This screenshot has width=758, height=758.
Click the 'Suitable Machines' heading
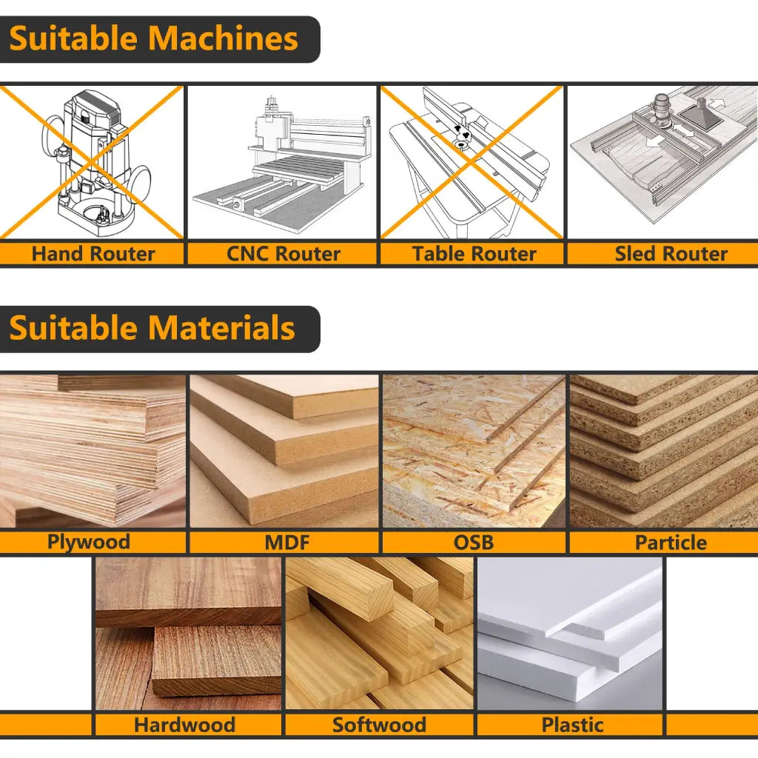tap(154, 38)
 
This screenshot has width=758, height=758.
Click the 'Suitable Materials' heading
tap(152, 328)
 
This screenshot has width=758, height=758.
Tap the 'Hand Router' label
tap(93, 254)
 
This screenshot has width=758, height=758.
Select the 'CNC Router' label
tap(283, 254)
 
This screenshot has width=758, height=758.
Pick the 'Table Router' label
tap(474, 254)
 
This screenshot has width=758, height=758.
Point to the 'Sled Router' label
tap(671, 254)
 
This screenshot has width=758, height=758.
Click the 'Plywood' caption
tap(88, 542)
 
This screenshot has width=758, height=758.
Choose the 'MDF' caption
tap(286, 543)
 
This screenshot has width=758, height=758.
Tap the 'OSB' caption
tap(474, 543)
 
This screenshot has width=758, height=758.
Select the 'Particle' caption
tap(671, 543)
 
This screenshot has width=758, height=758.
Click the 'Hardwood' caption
tap(184, 725)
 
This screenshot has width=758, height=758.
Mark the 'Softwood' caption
tap(379, 725)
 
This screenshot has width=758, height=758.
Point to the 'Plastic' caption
tap(571, 725)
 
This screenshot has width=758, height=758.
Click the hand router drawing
tap(93, 159)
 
